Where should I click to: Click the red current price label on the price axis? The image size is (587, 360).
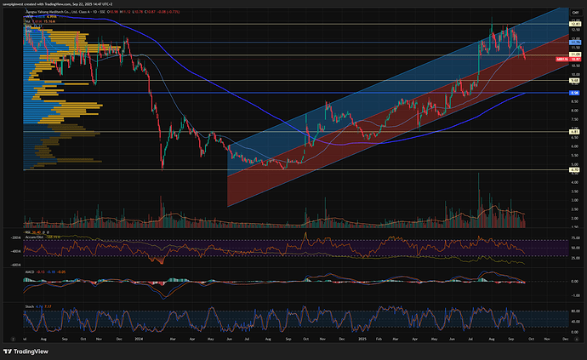(x=562, y=59)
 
